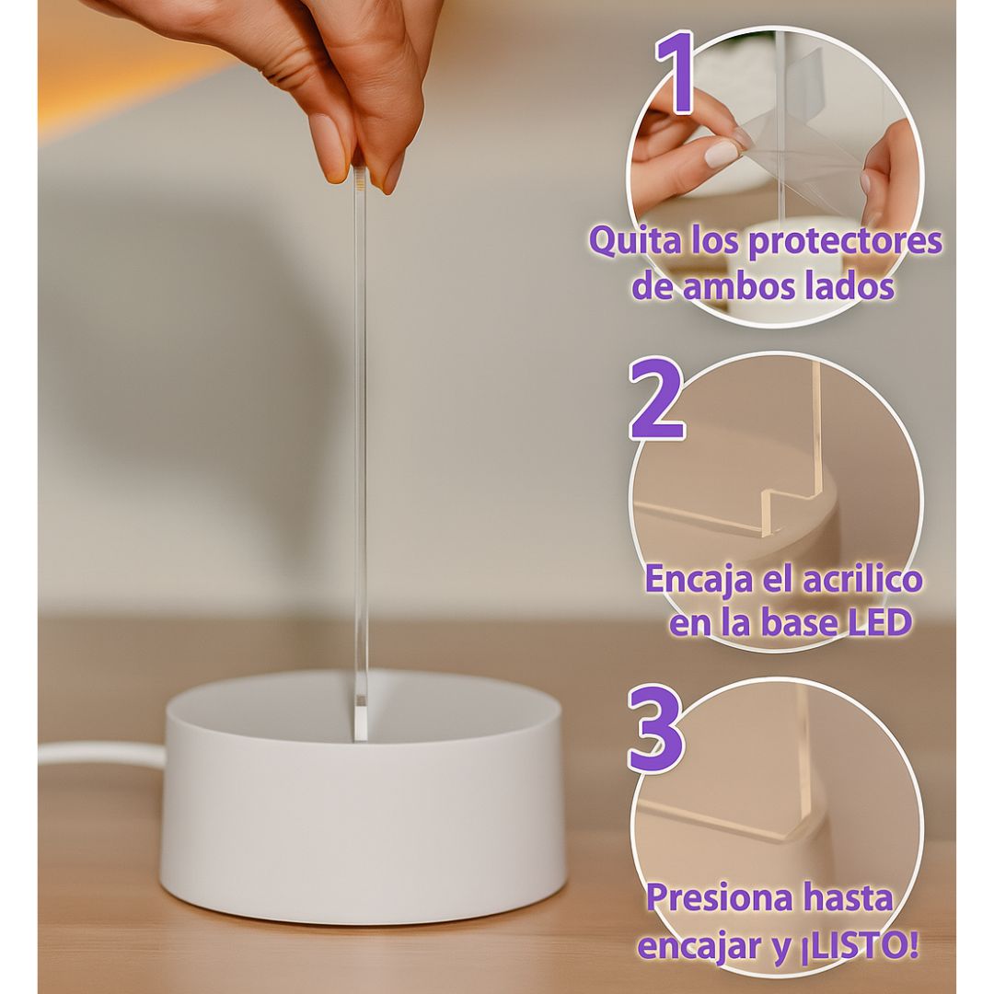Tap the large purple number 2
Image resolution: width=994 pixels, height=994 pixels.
pos(656,400)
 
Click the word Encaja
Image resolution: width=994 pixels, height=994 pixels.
pos(698,581)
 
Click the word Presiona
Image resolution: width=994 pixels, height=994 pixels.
pos(721,897)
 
